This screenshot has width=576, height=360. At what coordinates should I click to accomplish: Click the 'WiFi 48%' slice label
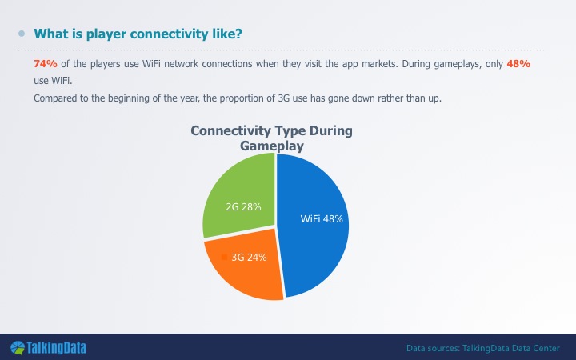(x=322, y=219)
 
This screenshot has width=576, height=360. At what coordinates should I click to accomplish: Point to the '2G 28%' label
(x=243, y=207)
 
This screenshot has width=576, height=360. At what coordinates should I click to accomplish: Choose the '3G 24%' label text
(x=249, y=257)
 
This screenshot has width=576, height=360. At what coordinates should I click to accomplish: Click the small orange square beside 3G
(x=225, y=257)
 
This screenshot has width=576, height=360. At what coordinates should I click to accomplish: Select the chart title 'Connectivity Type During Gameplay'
(x=271, y=138)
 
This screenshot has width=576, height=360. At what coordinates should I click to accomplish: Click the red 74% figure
(x=46, y=64)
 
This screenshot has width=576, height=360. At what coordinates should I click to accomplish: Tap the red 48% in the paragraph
(x=518, y=64)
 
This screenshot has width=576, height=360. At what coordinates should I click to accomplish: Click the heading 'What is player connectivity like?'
(x=138, y=34)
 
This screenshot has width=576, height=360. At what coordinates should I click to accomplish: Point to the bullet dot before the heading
(x=22, y=34)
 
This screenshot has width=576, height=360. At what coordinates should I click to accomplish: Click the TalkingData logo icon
(x=18, y=348)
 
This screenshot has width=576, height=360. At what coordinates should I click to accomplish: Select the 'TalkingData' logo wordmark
(x=57, y=348)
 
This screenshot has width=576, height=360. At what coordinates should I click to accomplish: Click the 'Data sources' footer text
(x=483, y=348)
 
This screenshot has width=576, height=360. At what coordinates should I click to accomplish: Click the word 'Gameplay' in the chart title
(x=272, y=146)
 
